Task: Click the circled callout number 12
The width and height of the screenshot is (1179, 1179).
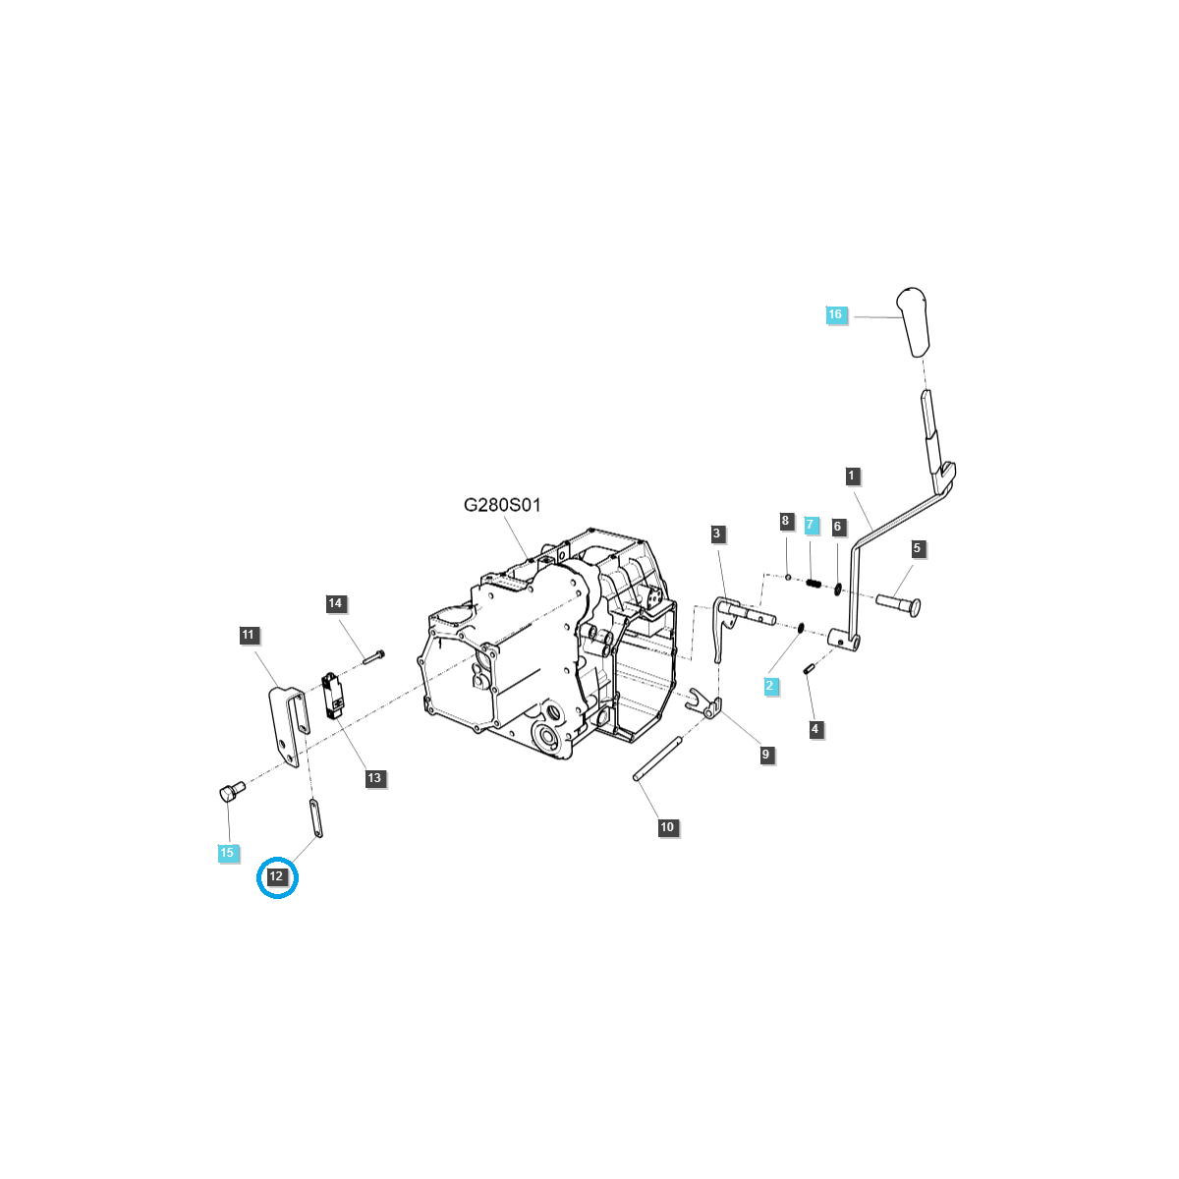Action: click(276, 876)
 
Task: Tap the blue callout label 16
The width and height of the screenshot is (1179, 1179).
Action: click(835, 314)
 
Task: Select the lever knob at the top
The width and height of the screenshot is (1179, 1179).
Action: click(912, 322)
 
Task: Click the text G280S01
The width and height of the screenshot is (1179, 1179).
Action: click(502, 505)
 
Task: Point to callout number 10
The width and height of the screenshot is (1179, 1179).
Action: click(667, 827)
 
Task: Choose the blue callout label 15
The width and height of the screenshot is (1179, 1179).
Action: click(227, 852)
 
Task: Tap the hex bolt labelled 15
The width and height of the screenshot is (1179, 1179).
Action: click(232, 792)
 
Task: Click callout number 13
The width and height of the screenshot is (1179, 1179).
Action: click(373, 778)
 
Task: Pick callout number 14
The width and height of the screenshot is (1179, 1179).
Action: click(335, 603)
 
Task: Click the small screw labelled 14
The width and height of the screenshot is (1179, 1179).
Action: click(373, 656)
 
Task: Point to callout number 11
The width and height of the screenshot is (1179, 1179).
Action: click(248, 635)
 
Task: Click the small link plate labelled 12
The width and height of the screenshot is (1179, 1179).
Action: click(316, 819)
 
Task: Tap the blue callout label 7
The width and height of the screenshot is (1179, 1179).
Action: click(810, 525)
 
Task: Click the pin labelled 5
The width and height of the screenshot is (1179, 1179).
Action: click(898, 605)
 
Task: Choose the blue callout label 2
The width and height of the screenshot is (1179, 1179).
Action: click(769, 685)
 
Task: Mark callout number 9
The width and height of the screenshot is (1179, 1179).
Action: click(765, 755)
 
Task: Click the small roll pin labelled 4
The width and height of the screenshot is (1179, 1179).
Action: click(808, 669)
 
